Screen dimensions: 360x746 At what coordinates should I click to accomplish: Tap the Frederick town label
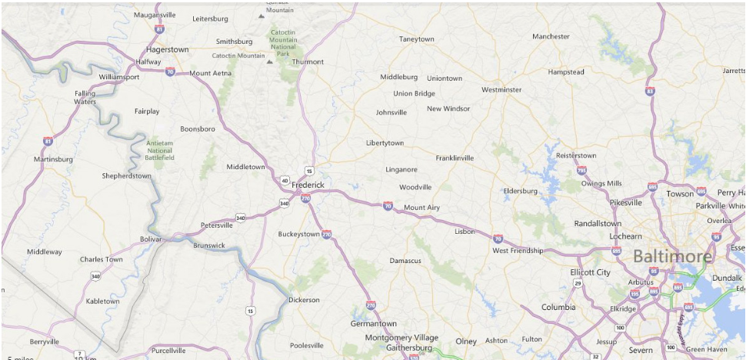click(308, 185)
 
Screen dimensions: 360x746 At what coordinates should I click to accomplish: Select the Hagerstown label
click(166, 49)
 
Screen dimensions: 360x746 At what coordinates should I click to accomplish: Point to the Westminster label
click(501, 90)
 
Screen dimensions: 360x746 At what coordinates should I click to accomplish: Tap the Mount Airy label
click(421, 208)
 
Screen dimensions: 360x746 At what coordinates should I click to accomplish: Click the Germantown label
click(374, 324)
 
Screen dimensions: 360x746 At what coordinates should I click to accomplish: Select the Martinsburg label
click(53, 159)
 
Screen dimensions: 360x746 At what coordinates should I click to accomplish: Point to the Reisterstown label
click(576, 155)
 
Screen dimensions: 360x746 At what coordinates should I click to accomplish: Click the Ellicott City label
click(590, 272)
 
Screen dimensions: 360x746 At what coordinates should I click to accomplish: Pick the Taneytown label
click(416, 38)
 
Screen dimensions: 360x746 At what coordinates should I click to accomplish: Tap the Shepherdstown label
click(126, 175)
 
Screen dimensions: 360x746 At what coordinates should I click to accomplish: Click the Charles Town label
click(101, 259)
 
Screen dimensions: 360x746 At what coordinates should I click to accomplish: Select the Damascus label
click(405, 261)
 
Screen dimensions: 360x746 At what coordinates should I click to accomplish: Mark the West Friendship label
click(518, 251)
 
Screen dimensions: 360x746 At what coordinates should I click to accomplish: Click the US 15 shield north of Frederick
click(308, 171)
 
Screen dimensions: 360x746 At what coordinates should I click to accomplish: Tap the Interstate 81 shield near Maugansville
click(159, 28)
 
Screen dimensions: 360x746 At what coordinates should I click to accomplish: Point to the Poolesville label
click(307, 345)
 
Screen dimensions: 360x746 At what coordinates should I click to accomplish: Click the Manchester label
click(551, 36)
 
